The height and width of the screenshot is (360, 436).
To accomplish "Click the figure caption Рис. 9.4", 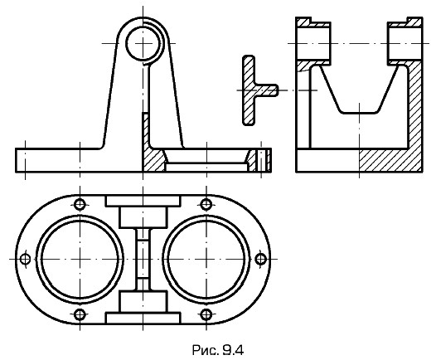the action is coord(218,350).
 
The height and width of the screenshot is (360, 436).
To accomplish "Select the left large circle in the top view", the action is coord(36,259).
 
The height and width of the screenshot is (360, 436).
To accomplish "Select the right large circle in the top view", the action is coord(162,259).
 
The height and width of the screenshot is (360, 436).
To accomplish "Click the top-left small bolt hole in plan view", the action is coord(80,205).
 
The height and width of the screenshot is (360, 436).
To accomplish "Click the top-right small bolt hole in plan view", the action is coord(206,205).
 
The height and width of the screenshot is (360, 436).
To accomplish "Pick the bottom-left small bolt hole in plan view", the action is coord(80,314).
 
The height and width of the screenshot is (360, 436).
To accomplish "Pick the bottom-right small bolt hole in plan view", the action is coord(206,314).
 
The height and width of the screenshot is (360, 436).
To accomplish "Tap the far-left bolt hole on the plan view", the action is coord(26,259).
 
